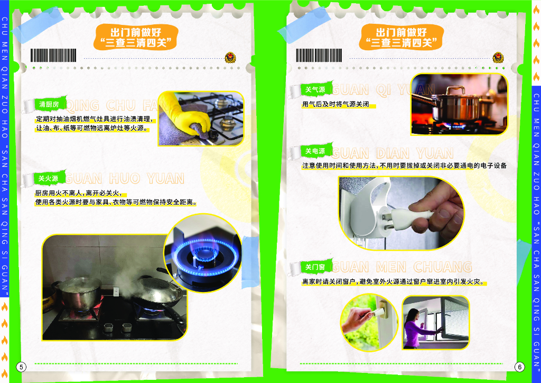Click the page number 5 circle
coord(21,367)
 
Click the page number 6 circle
coord(520,367)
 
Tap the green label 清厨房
coord(49,104)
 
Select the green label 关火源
coord(48,179)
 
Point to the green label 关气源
coord(315,89)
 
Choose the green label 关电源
coord(315,151)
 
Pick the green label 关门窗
coord(315,267)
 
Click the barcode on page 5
coord(53,55)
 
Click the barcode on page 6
coord(319,55)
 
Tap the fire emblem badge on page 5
coord(230,57)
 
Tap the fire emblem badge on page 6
coord(498,57)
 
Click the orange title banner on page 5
coord(136,37)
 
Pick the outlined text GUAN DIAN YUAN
coord(393,153)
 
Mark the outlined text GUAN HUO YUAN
coord(125,179)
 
